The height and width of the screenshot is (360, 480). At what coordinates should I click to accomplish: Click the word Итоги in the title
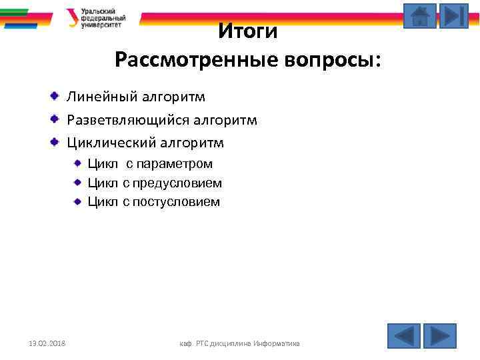[x=248, y=31]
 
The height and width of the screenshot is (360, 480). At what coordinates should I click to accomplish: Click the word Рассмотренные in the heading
[x=188, y=61]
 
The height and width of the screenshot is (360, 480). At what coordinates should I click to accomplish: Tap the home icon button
[x=420, y=16]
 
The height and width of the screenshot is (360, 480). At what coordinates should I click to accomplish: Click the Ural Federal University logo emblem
[x=71, y=17]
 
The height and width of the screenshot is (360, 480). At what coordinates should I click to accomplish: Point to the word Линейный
[x=100, y=97]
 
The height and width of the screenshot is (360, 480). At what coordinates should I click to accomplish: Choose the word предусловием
[x=177, y=183]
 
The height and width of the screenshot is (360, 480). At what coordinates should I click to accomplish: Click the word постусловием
[x=176, y=201]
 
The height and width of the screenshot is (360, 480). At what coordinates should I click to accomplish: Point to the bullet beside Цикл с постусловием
[x=77, y=201]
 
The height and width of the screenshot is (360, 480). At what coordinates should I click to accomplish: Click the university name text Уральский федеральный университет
[x=103, y=17]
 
